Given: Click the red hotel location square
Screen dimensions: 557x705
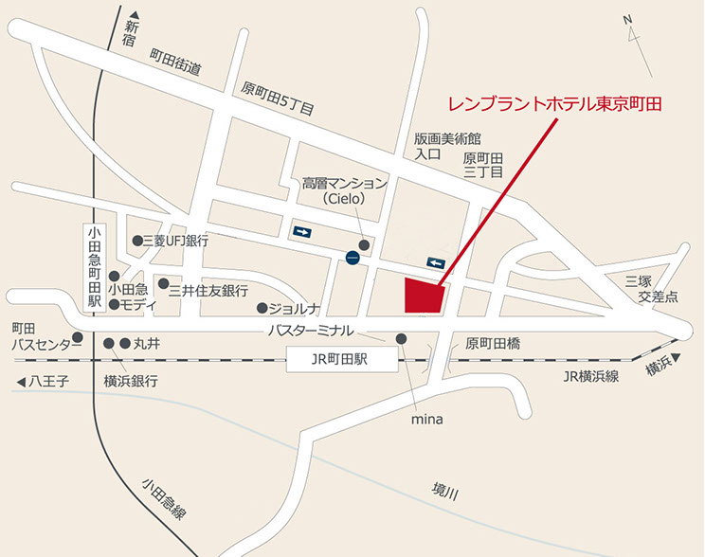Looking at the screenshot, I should (425, 296).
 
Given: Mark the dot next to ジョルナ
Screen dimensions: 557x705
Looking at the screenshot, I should (262, 308).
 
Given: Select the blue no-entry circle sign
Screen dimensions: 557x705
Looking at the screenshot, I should (352, 256).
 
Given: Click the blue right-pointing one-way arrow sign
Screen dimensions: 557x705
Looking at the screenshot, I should (301, 230).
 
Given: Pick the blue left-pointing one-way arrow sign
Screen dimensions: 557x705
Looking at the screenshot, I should (436, 262).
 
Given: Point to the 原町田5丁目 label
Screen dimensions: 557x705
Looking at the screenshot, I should (278, 99).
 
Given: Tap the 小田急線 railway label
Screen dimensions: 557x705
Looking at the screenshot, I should (164, 500).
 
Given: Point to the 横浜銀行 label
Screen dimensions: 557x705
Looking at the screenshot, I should (131, 381).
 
